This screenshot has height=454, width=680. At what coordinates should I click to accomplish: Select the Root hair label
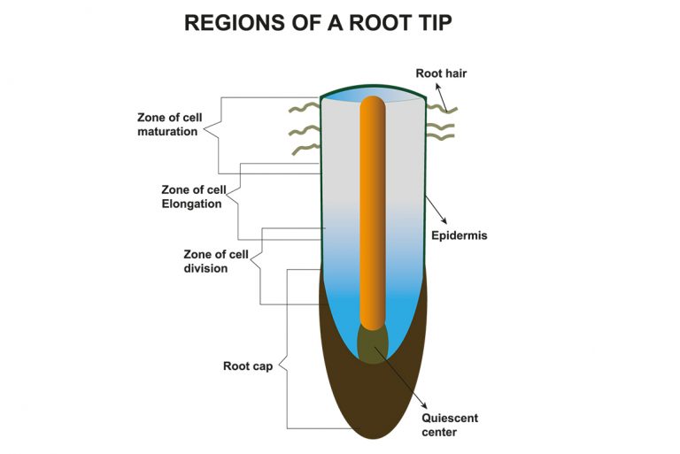[441, 73]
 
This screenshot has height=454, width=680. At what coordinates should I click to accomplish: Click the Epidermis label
[459, 236]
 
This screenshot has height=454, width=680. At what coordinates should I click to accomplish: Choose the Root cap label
[247, 366]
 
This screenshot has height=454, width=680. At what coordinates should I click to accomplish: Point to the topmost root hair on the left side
[303, 109]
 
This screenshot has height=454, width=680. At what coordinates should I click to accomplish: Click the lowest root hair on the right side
[441, 138]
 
